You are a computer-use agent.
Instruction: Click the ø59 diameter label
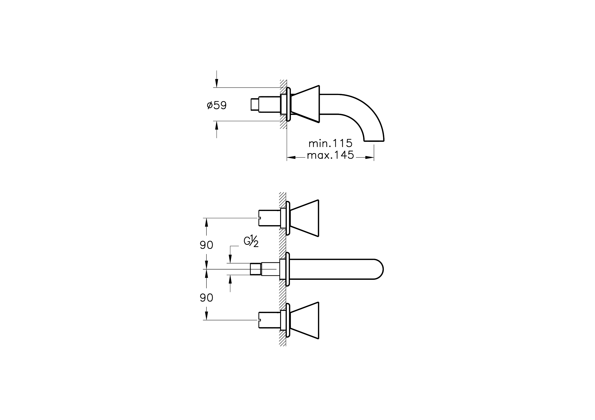[217, 105]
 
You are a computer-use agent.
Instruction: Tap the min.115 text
[331, 143]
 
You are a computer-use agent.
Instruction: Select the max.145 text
[331, 155]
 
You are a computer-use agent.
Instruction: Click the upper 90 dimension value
[207, 245]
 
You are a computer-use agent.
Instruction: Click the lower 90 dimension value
[207, 298]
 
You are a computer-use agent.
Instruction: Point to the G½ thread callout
[251, 241]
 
